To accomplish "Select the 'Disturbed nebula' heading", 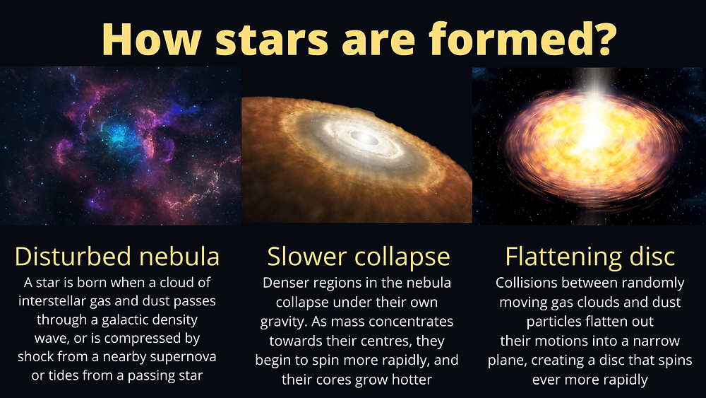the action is (117, 256).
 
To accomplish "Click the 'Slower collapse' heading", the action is (359, 257).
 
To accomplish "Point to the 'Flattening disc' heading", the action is (590, 257).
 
